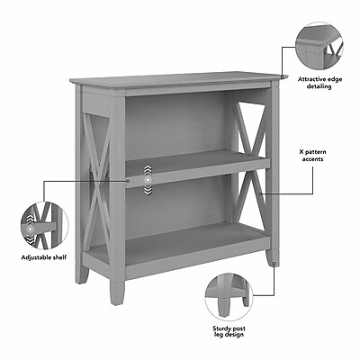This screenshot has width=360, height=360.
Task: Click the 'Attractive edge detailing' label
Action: click(x=319, y=83)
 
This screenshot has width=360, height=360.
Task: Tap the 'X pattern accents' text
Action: click(x=312, y=156)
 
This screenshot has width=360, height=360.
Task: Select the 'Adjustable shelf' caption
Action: click(x=44, y=257)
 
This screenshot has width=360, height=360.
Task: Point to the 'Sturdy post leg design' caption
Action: click(x=229, y=332)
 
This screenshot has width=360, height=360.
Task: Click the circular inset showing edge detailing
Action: click(x=319, y=46)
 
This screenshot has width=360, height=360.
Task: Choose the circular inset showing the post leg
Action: click(x=229, y=297)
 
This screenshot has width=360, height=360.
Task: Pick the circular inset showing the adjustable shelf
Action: click(x=45, y=226)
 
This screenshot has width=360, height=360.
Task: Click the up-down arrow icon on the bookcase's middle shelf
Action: click(x=148, y=180)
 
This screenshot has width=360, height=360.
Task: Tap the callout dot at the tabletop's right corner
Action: click(x=282, y=77)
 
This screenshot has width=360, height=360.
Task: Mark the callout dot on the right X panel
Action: click(x=261, y=194)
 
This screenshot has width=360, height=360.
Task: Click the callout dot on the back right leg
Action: click(x=274, y=264)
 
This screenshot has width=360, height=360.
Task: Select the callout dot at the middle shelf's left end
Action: click(x=128, y=181)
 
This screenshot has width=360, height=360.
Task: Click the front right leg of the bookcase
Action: click(x=117, y=292)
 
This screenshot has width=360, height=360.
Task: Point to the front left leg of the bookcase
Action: click(x=82, y=274)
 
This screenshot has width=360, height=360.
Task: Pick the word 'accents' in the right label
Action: click(x=312, y=159)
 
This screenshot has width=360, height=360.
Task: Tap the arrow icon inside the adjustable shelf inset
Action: click(x=30, y=229)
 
